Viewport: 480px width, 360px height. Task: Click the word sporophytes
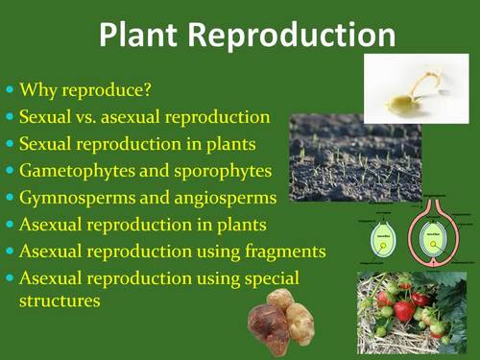pyautogui.click(x=224, y=171)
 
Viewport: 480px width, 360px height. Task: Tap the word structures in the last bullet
pyautogui.click(x=60, y=300)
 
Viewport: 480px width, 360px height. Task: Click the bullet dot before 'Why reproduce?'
pyautogui.click(x=11, y=92)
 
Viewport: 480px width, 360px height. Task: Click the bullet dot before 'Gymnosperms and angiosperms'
pyautogui.click(x=11, y=199)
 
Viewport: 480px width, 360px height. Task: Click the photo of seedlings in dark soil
pyautogui.click(x=354, y=157)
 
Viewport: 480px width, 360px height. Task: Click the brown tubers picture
pyautogui.click(x=281, y=321)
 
